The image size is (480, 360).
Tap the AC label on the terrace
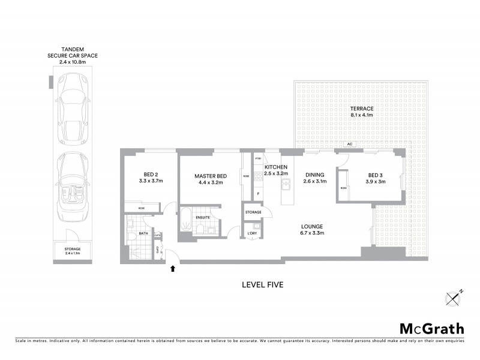(x=349, y=145)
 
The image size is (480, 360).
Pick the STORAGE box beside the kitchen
(x=253, y=212)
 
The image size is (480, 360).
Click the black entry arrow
(x=173, y=269)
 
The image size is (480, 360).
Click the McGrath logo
(x=432, y=328)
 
